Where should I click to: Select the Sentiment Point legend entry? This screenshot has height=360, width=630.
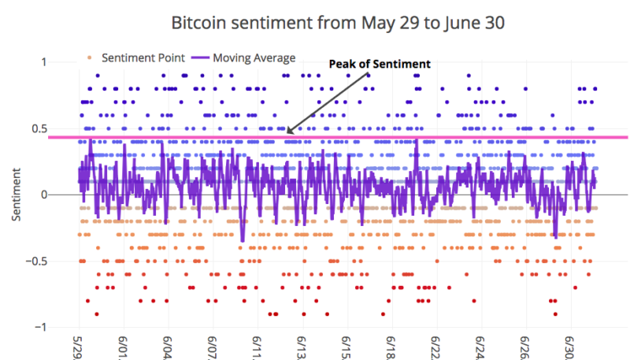[x=135, y=58]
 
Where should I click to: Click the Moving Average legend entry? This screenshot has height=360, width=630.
[x=243, y=58]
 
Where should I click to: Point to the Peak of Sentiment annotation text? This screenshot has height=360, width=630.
[x=380, y=64]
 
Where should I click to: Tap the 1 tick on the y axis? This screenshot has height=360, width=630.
[x=43, y=62]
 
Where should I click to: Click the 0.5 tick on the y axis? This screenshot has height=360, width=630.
[x=39, y=129]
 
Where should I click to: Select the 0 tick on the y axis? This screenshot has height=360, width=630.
[x=44, y=195]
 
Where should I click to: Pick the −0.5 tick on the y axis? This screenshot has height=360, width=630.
[x=36, y=262]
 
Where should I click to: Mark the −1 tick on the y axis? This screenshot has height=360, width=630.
[x=41, y=327]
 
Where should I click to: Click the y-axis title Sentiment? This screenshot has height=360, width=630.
[x=16, y=195]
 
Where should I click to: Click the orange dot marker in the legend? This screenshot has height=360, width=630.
[x=89, y=58]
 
